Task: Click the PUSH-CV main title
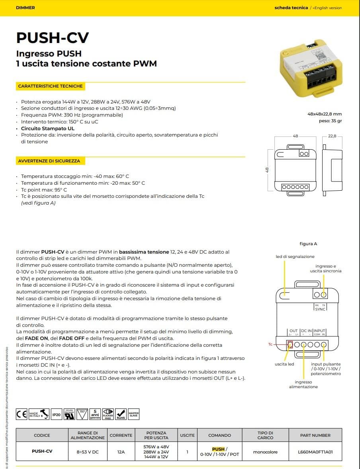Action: (53, 37)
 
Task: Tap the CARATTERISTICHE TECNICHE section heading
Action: (50, 86)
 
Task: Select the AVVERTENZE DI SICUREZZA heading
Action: (49, 161)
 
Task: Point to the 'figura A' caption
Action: (308, 244)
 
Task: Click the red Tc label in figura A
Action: (270, 344)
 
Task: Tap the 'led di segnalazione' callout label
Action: (295, 256)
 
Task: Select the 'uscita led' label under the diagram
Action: (284, 364)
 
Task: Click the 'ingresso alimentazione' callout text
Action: (303, 384)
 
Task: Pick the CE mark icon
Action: (22, 414)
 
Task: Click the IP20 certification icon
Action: (57, 415)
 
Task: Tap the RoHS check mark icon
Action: (121, 414)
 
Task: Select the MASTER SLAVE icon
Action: (134, 414)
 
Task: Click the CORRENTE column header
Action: (121, 435)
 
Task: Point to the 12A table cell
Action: (121, 451)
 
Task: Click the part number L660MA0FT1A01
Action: (315, 451)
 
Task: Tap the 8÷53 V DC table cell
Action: (87, 451)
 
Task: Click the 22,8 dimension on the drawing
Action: (332, 136)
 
